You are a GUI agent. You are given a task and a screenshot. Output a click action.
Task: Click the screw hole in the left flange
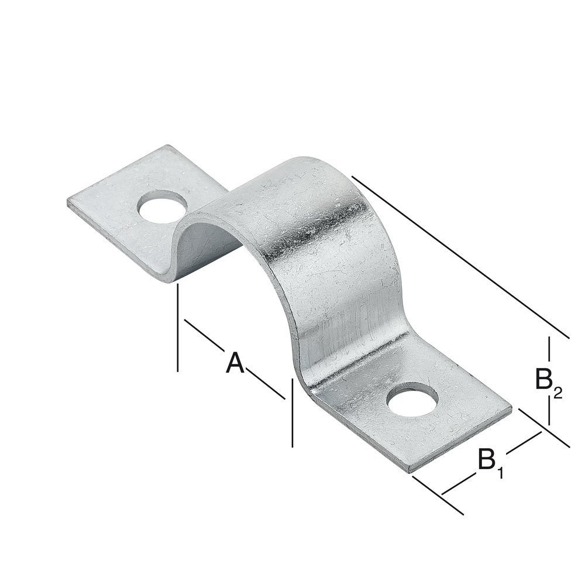[x=163, y=209]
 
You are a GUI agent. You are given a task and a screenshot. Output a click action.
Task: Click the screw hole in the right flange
[x=413, y=401]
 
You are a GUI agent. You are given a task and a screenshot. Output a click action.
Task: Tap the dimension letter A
[x=235, y=363]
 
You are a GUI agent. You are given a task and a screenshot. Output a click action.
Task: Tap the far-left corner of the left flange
[x=68, y=202]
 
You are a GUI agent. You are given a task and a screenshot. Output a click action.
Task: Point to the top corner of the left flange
[x=167, y=146]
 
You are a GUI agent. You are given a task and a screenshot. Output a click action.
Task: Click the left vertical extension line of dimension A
[x=177, y=328]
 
